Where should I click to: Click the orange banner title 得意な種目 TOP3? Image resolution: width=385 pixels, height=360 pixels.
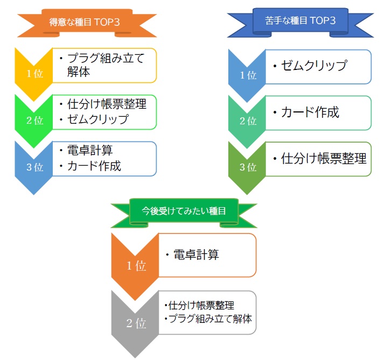[x=87, y=23]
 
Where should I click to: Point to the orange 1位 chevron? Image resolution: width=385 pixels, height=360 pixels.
[x=137, y=265]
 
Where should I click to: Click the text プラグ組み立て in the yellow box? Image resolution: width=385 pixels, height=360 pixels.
[x=106, y=58]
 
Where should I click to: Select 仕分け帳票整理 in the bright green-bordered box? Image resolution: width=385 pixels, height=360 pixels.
[x=107, y=104]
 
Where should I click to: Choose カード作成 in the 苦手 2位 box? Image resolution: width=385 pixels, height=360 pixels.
[x=310, y=112]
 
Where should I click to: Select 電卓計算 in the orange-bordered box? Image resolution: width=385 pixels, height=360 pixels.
[x=196, y=255]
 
